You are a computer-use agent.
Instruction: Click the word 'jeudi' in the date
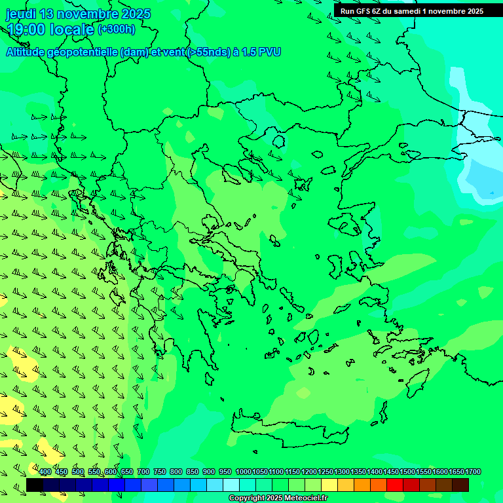(21, 14)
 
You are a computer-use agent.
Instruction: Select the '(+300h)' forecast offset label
(117, 29)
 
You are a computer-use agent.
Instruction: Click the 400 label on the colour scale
(45, 472)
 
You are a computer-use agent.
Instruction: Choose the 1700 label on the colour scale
(473, 472)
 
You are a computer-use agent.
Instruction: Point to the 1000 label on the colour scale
(243, 472)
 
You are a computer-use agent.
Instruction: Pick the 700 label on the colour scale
(143, 472)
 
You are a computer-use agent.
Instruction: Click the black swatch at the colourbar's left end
(35, 485)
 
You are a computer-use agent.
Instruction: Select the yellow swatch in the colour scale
(329, 485)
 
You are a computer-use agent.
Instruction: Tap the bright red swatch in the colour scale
(395, 485)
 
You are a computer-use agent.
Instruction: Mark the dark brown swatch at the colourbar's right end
(460, 485)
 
